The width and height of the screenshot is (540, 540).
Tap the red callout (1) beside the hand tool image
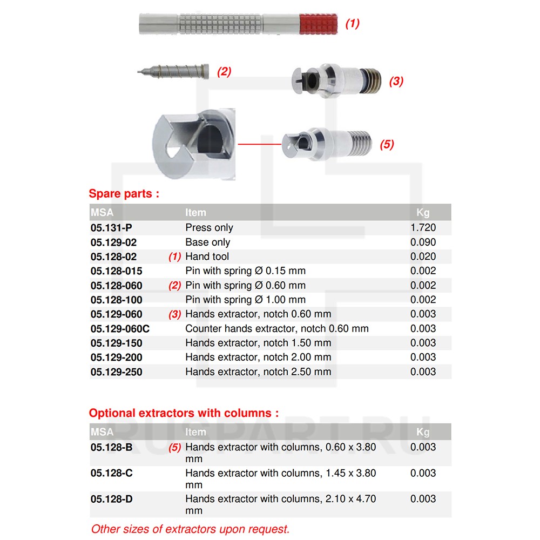(352, 24)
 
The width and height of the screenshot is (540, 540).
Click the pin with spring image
(173, 71)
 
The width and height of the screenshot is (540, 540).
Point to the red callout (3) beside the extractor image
(396, 82)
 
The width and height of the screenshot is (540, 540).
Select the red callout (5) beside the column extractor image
(387, 145)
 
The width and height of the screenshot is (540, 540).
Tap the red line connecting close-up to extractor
(259, 144)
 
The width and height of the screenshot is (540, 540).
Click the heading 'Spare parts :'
(124, 194)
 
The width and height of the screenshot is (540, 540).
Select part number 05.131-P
(108, 228)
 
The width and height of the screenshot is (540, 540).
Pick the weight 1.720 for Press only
(423, 228)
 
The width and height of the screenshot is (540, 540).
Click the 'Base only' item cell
(207, 242)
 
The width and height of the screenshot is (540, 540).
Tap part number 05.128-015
(117, 271)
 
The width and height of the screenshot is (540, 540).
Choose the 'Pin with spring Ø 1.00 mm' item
(245, 300)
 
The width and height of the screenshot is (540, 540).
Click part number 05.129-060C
(120, 328)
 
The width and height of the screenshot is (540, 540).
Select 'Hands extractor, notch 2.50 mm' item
(258, 372)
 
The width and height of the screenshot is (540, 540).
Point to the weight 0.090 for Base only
(423, 242)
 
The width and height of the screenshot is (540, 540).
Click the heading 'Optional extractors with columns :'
(184, 413)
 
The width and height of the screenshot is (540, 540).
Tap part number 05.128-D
(111, 499)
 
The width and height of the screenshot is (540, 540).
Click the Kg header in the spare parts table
(423, 213)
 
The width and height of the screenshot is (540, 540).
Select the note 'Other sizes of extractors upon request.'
(190, 529)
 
